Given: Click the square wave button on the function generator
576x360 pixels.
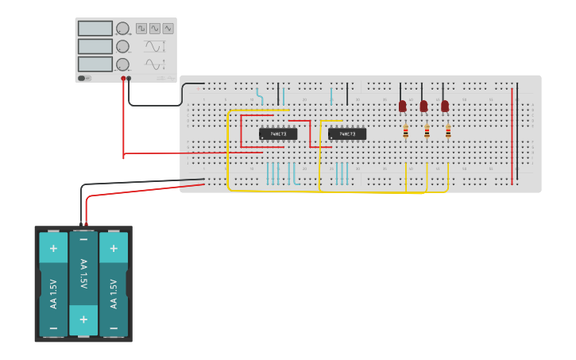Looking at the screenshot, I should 141,28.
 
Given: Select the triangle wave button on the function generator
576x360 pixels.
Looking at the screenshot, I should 168,28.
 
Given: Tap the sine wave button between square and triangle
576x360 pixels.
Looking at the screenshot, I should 155,28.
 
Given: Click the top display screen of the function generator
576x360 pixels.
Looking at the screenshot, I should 95,29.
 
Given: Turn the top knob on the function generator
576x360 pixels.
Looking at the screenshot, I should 122,29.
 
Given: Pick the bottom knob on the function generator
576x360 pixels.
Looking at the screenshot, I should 122,64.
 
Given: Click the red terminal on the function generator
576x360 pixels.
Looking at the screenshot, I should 123,79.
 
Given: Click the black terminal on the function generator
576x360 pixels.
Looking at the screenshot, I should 130,79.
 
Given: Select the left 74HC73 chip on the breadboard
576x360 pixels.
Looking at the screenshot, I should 278,134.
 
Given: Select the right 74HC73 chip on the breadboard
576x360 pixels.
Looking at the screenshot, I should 347,134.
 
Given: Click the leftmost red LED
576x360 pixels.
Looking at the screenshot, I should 403,106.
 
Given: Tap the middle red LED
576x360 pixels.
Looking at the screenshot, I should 423,106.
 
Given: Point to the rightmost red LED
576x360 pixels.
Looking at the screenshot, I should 445,106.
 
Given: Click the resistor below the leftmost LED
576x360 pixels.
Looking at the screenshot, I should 406,132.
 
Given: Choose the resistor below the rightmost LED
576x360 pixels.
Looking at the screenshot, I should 448,132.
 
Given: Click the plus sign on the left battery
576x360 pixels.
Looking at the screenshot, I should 53,248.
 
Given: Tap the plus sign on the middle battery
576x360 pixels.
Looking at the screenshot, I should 83,319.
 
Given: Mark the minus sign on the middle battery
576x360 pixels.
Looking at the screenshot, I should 83,239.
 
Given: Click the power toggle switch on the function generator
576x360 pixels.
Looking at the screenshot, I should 83,78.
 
